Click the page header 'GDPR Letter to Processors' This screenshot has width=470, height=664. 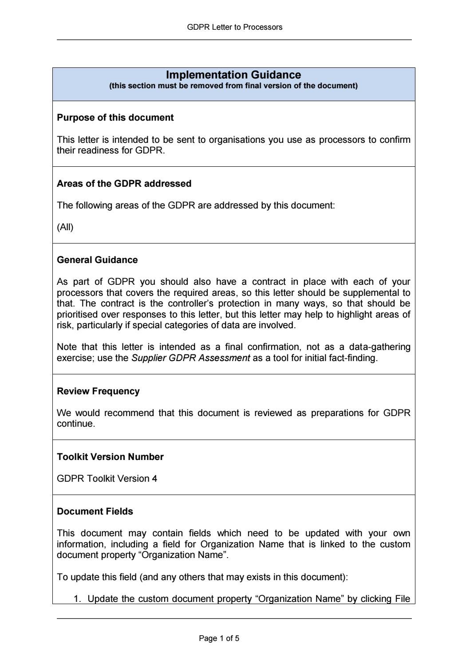[234, 27]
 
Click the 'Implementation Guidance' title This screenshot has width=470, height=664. [233, 75]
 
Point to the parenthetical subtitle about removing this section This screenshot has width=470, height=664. [233, 86]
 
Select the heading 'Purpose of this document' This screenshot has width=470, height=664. [115, 118]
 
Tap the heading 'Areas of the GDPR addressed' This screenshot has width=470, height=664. [124, 184]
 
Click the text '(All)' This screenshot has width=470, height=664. [65, 227]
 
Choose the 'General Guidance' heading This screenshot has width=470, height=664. [97, 260]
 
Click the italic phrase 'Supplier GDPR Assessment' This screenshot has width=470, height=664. [190, 358]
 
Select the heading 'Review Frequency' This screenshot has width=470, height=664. [98, 391]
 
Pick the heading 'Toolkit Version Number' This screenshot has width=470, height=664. [110, 457]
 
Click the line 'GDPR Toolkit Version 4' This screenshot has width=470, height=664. [107, 479]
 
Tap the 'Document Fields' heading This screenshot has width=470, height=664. [95, 511]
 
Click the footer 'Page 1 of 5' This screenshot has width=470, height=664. [219, 638]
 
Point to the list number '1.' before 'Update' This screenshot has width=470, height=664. [78, 599]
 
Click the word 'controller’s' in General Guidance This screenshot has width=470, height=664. [190, 304]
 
